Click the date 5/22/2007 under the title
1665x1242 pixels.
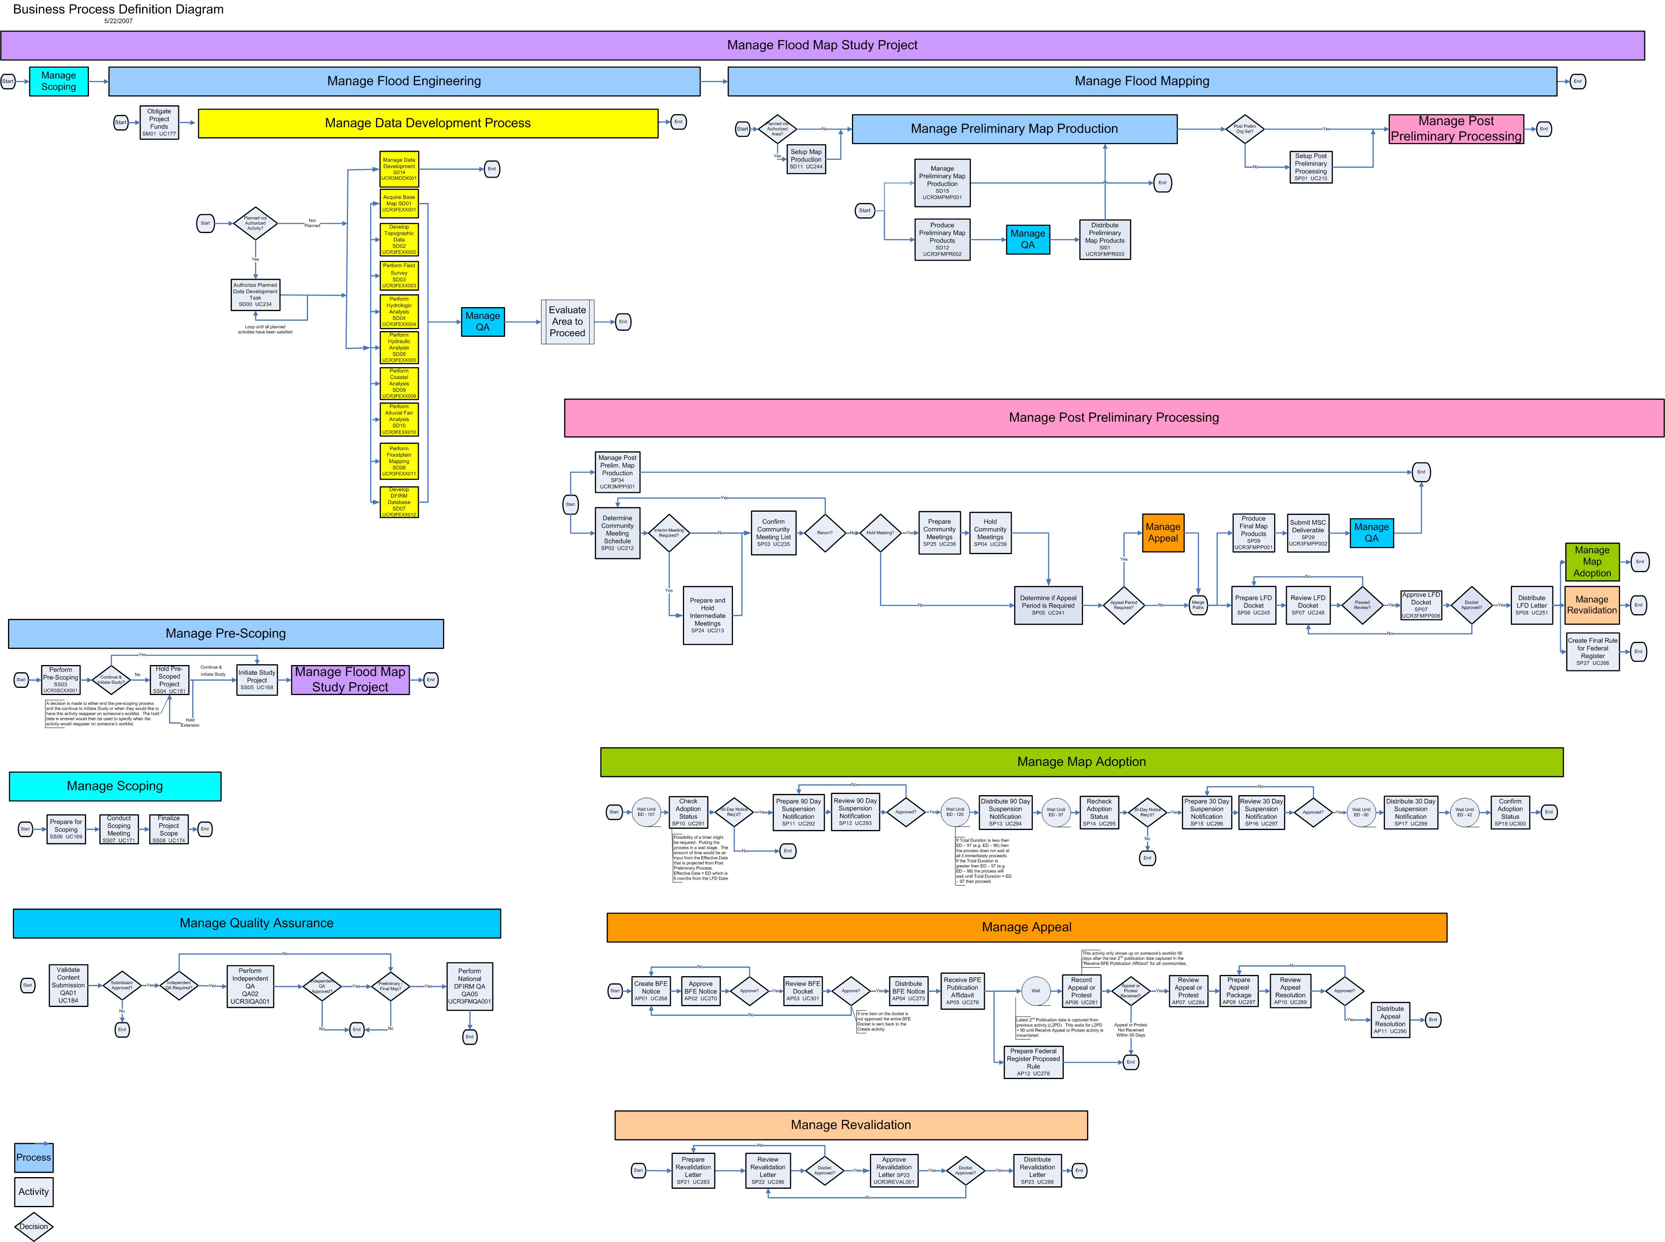tap(118, 21)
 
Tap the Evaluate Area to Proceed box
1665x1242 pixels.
tap(567, 322)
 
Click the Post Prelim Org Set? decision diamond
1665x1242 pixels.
tap(1244, 129)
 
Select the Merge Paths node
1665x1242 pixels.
tap(1198, 605)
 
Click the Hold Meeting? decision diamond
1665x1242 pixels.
tap(880, 533)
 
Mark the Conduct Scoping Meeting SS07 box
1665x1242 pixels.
tap(119, 829)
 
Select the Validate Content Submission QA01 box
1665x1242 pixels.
tap(68, 985)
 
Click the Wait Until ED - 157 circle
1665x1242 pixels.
tap(646, 812)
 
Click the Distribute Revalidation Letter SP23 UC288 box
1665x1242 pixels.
tap(1037, 1171)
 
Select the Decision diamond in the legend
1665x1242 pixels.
tap(33, 1226)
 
